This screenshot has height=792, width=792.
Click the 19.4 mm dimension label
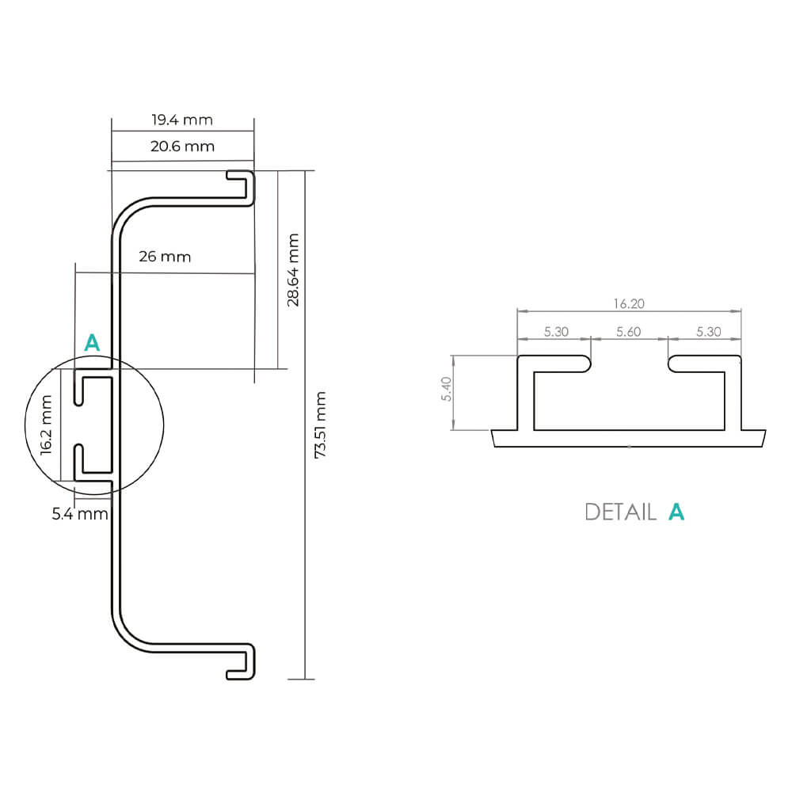pyautogui.click(x=182, y=120)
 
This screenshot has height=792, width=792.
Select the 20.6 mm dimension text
pyautogui.click(x=182, y=146)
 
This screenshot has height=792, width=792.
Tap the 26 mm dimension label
pyautogui.click(x=165, y=257)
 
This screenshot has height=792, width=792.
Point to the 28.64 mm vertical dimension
pyautogui.click(x=293, y=269)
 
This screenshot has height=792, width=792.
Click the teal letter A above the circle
pyautogui.click(x=93, y=343)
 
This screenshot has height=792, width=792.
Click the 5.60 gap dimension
pyautogui.click(x=628, y=332)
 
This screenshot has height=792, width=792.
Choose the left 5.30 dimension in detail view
pyautogui.click(x=556, y=332)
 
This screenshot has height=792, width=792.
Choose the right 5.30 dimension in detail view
pyautogui.click(x=708, y=332)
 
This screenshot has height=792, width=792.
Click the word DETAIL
pyautogui.click(x=620, y=512)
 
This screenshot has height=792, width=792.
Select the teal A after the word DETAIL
pyautogui.click(x=676, y=512)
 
